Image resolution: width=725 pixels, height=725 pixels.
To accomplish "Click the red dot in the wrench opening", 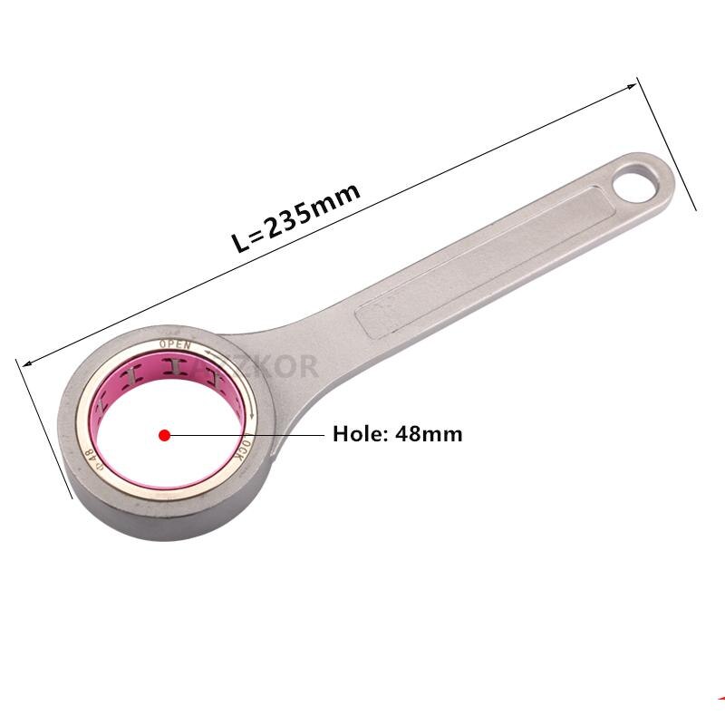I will (164, 435).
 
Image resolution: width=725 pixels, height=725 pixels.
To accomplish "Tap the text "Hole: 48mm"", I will (397, 434).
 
